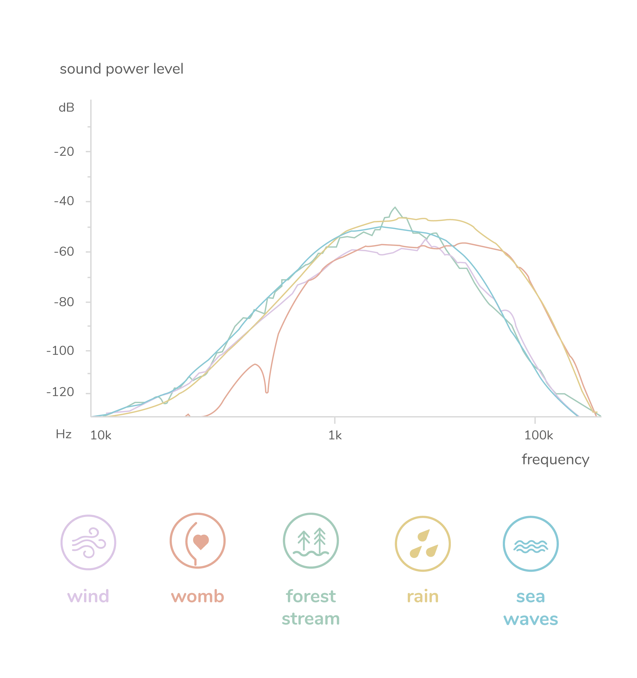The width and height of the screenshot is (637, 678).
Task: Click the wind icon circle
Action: tap(88, 543)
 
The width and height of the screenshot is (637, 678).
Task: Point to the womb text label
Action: tap(197, 596)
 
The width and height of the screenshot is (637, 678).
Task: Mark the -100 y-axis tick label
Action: tap(61, 352)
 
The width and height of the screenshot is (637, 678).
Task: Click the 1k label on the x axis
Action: tap(335, 435)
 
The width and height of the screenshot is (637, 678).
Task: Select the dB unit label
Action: tap(67, 108)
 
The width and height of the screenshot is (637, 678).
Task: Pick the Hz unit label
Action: tap(65, 435)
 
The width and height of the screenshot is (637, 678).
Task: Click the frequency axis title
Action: tap(555, 459)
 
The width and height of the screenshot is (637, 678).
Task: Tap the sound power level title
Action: tap(121, 70)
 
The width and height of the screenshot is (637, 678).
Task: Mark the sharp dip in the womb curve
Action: tap(267, 391)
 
